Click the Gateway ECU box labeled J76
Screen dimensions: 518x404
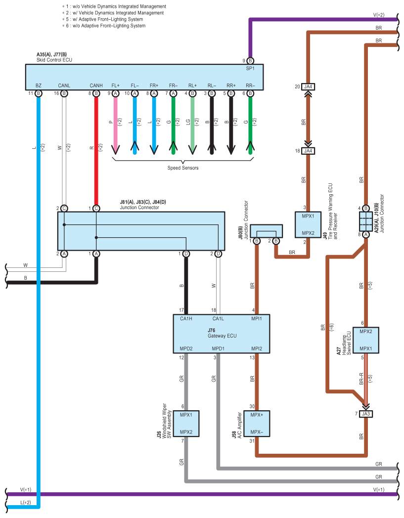(x=222, y=333)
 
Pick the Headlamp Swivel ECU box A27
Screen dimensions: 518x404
(x=366, y=340)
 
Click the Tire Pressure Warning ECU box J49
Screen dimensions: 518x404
(x=308, y=225)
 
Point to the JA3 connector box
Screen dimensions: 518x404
(x=366, y=414)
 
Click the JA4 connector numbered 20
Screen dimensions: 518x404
(x=309, y=87)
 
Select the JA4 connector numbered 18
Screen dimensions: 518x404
(x=309, y=151)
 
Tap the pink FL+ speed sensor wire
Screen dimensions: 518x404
(x=115, y=124)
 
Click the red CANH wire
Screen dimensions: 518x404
(x=96, y=148)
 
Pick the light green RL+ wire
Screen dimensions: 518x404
(x=192, y=124)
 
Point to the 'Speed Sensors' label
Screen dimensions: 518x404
(x=182, y=168)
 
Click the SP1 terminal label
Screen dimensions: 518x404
(x=250, y=68)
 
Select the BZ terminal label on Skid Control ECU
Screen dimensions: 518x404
(x=39, y=86)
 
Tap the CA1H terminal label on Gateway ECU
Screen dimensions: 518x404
(x=186, y=318)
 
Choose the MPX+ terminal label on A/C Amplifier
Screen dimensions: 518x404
(x=257, y=415)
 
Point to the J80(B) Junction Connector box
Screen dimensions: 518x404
(x=267, y=231)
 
